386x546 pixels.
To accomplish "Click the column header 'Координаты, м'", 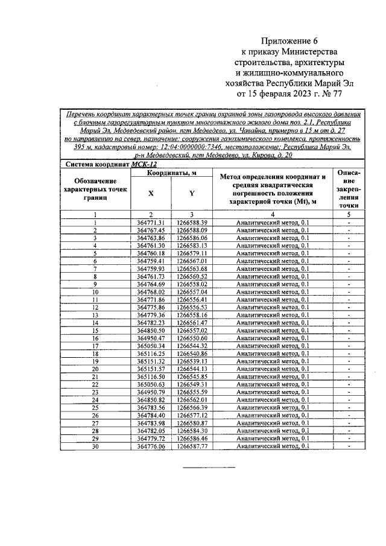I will [x=172, y=174].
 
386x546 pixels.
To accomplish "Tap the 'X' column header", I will [x=151, y=193].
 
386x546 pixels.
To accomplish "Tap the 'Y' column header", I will [x=192, y=193].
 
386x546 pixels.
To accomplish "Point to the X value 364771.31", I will [x=151, y=223].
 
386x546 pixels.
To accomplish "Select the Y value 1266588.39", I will [x=192, y=223].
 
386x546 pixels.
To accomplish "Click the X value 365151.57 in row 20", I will [x=151, y=369].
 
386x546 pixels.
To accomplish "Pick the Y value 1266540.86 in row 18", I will [x=192, y=354].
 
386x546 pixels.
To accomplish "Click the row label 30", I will [x=95, y=446].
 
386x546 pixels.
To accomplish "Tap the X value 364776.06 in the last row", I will [x=151, y=446].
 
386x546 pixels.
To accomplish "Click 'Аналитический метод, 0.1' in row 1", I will [x=272, y=223].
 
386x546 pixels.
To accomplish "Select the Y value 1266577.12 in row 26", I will [x=192, y=415].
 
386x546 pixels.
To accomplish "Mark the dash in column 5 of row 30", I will [x=349, y=446].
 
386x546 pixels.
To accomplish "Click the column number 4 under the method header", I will [x=272, y=214].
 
